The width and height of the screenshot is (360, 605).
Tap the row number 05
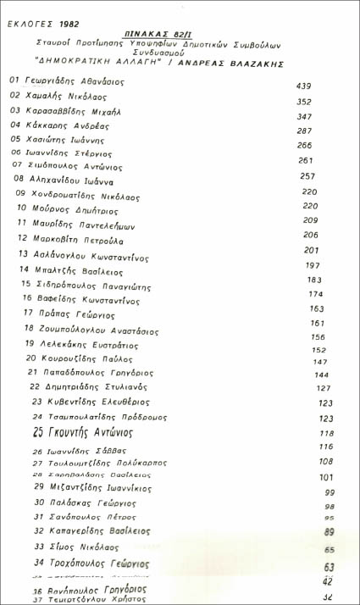pos(15,138)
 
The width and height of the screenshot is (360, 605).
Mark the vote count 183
pos(314,280)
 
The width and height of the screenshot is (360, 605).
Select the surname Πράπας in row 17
pos(59,313)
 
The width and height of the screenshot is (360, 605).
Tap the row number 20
pos(30,358)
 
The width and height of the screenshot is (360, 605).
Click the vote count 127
pos(323,388)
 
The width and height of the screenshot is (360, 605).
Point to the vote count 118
pos(326,434)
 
